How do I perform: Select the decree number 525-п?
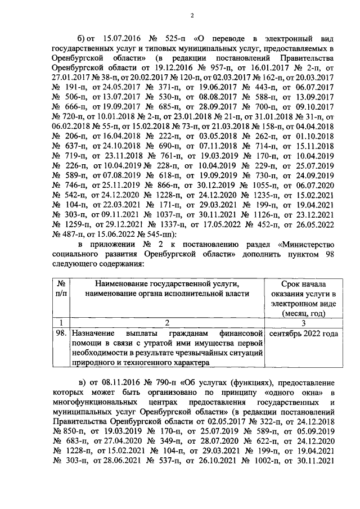click(x=173, y=40)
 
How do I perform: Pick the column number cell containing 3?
click(x=304, y=322)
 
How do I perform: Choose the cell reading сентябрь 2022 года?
click(x=304, y=333)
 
